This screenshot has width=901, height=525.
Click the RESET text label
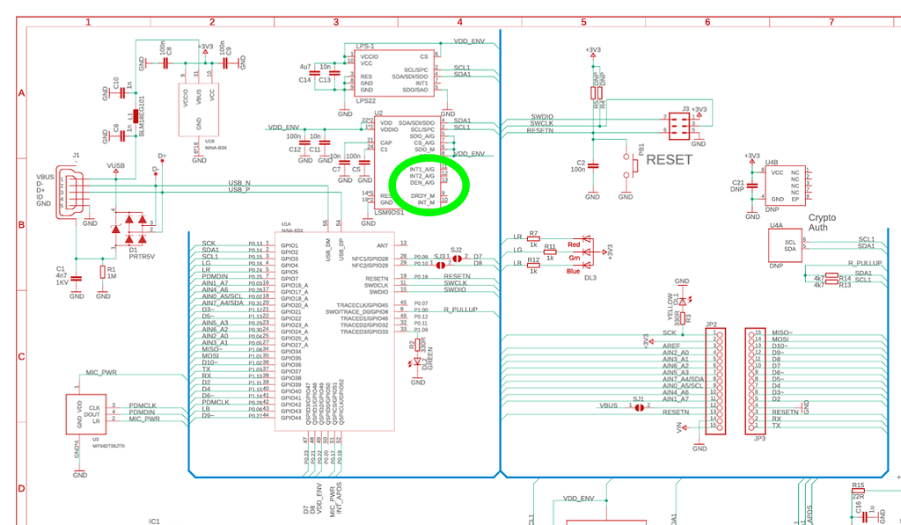pos(669,160)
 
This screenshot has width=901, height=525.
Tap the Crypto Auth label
pos(822,222)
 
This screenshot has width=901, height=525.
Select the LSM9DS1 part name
pos(389,212)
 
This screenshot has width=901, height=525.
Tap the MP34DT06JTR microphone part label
pos(106,447)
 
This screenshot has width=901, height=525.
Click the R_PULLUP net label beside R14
pos(864,263)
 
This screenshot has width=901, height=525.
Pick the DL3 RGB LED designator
pos(590,278)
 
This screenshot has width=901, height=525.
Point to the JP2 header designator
pos(711,324)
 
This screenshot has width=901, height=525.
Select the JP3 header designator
pos(759,437)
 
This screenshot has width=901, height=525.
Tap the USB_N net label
pos(239,182)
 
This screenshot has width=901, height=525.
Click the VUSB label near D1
pos(115,165)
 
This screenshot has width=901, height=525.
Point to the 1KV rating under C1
pos(61,283)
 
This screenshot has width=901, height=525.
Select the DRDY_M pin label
pos(423,195)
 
